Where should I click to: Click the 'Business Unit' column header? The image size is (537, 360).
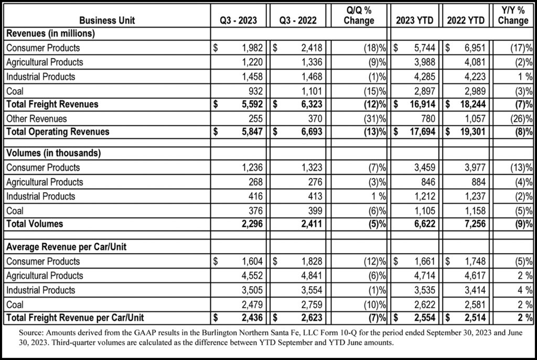(108, 20)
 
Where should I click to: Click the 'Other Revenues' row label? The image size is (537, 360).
(37, 118)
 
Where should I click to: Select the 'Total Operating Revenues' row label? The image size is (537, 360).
(58, 132)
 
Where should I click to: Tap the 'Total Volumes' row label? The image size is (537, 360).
(35, 224)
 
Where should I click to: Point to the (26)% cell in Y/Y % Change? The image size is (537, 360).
(521, 118)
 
